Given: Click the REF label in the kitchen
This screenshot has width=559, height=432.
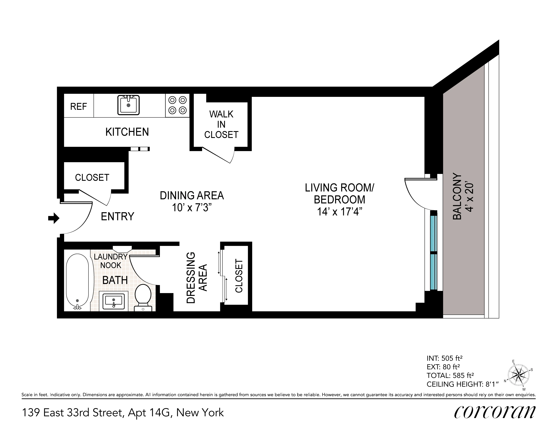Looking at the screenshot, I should (79, 106).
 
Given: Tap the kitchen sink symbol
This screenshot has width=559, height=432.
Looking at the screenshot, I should (129, 105).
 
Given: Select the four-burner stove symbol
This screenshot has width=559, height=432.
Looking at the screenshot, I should (177, 105).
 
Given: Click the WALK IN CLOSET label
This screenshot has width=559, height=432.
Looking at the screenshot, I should (221, 124).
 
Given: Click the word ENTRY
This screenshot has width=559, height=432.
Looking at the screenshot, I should (118, 217).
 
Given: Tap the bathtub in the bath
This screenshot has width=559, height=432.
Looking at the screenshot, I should (77, 282).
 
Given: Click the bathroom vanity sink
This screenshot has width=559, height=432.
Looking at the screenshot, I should (114, 301).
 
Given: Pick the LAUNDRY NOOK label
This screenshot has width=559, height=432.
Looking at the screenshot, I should (111, 261).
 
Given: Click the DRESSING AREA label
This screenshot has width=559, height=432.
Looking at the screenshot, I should (197, 278).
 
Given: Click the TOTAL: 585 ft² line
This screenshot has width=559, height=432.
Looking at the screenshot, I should (450, 376).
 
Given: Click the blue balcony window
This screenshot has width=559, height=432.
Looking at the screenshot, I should (433, 252).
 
